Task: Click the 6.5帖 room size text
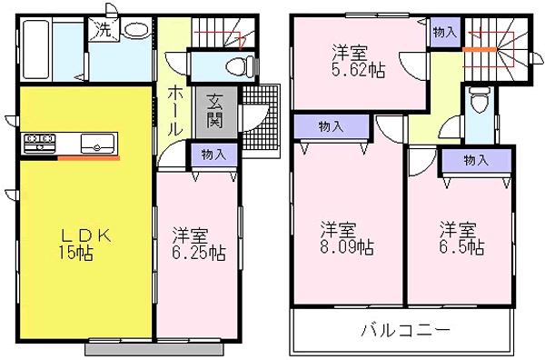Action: click(461, 246)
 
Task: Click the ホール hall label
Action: click(176, 106)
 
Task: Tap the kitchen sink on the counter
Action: click(96, 143)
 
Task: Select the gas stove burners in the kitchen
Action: click(39, 142)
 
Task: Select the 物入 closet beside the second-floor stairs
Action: click(444, 32)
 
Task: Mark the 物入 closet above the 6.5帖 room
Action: click(474, 160)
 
